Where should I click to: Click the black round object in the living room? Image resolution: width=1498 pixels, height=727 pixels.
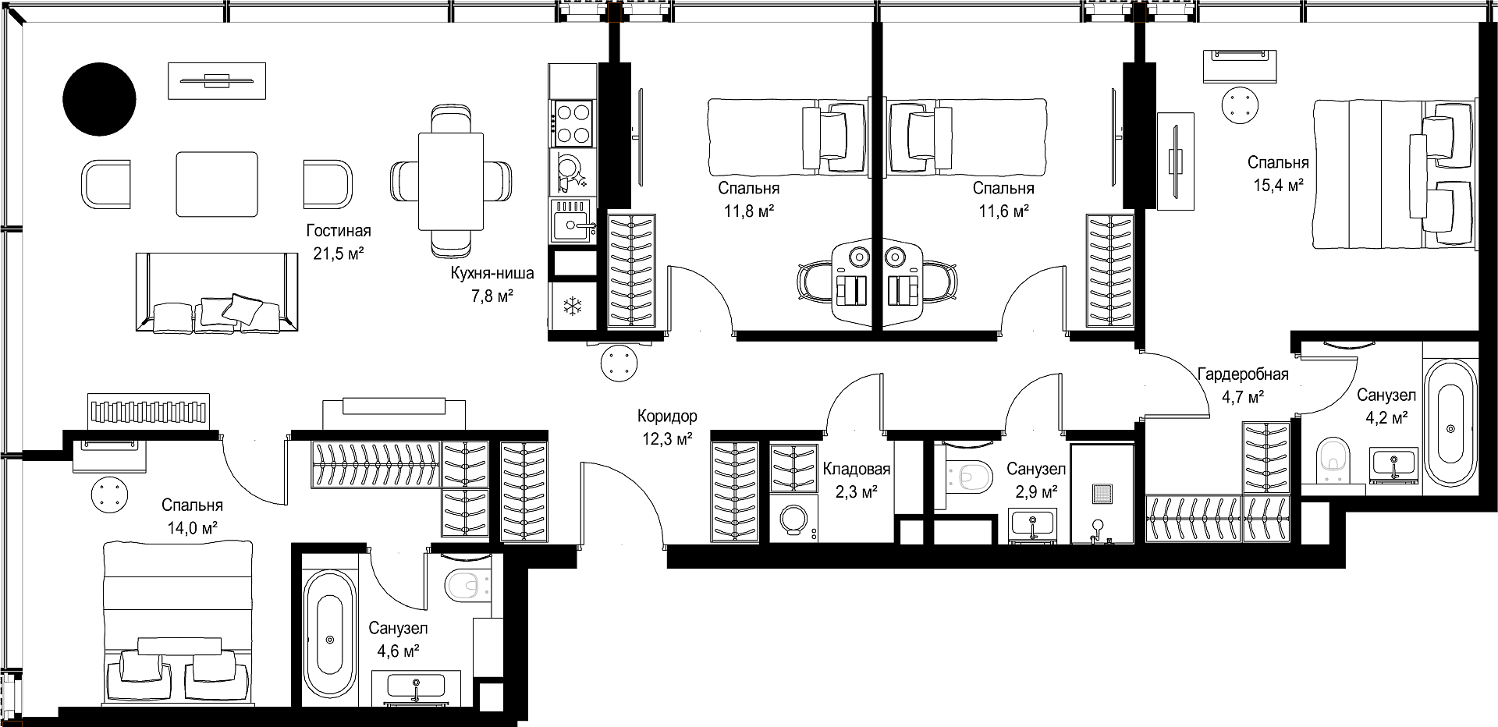[99, 98]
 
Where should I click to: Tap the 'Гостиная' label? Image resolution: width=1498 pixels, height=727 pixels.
[339, 231]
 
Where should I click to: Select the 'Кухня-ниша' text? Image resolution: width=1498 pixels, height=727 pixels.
[492, 274]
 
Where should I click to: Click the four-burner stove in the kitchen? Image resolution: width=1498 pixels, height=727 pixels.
[573, 122]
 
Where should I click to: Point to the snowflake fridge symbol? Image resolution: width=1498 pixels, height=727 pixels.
[573, 307]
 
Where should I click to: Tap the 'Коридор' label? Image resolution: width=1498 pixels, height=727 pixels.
[667, 417]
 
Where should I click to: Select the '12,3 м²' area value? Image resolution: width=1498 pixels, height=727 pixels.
[667, 439]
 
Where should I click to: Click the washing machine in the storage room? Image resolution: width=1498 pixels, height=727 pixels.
[794, 519]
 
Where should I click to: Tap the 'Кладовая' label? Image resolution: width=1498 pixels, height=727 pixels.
[857, 470]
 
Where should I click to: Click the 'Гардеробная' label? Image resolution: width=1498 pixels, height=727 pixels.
[1243, 374]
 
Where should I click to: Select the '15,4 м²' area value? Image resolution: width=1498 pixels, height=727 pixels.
[1278, 186]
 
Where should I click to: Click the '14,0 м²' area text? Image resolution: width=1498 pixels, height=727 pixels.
[192, 528]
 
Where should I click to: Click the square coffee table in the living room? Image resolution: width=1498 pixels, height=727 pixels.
[217, 184]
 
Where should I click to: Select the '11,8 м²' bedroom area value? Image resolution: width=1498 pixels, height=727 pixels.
[749, 211]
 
